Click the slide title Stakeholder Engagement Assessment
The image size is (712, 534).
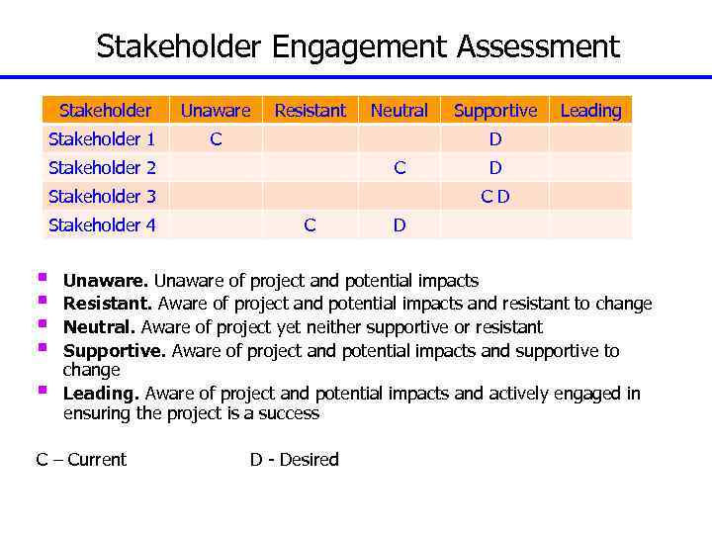pos(357,46)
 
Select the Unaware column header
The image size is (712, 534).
pos(215,111)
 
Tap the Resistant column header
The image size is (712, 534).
pos(310,111)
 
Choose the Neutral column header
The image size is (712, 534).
pos(399,111)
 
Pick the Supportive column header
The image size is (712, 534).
pos(494,111)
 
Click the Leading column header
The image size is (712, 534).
pos(590,111)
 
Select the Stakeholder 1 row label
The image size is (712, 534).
pos(101,139)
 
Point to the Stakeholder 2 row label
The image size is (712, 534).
pos(101,168)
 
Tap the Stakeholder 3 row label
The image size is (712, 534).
pos(101,197)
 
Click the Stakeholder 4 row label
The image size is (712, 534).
pos(101,225)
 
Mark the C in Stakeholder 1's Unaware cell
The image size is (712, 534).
pos(215,139)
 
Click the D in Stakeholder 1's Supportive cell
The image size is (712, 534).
pos(495,139)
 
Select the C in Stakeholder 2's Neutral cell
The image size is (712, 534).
pos(400,168)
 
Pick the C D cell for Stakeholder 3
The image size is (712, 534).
pos(495,197)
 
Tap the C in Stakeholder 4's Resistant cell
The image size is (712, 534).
pos(310,225)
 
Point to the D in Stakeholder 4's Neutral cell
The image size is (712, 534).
pos(400,225)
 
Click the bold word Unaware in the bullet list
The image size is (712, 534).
pos(106,282)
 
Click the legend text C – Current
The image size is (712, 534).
pos(81,460)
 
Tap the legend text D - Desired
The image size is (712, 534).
pos(294,460)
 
